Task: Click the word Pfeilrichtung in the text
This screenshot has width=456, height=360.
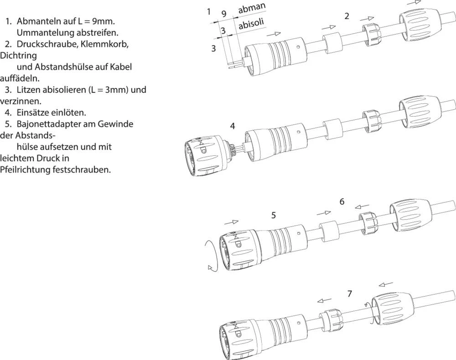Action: pyautogui.click(x=26, y=170)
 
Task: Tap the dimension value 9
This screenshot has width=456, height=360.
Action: pyautogui.click(x=224, y=13)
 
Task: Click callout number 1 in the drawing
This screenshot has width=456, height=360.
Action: pyautogui.click(x=208, y=11)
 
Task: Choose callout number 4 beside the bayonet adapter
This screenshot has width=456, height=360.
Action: pyautogui.click(x=233, y=126)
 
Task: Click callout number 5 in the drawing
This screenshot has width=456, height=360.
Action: pyautogui.click(x=273, y=215)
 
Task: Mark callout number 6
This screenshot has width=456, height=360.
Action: pyautogui.click(x=342, y=201)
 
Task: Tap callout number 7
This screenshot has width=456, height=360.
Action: pyautogui.click(x=349, y=293)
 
